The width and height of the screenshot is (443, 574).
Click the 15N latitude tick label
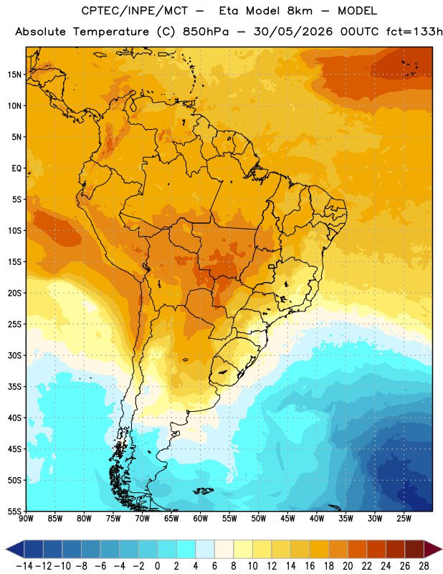click(14, 75)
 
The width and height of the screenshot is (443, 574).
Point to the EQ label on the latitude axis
click(16, 169)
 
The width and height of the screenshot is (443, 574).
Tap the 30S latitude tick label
click(14, 355)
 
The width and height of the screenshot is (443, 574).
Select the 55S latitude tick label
click(14, 511)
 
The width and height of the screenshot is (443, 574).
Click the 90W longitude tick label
click(26, 518)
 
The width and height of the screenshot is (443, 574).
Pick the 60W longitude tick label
click(201, 518)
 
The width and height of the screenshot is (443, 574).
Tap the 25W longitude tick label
click(404, 518)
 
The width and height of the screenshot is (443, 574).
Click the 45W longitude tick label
click(287, 518)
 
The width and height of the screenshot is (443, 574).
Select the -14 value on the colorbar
click(24, 566)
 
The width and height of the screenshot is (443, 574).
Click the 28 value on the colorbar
click(424, 566)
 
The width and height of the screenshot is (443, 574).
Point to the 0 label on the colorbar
click(157, 566)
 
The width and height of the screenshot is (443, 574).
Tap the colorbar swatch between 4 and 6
click(205, 550)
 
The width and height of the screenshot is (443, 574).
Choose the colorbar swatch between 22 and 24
click(376, 550)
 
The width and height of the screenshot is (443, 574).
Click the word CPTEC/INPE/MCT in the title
click(135, 11)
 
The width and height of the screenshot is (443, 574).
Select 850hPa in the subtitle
click(206, 32)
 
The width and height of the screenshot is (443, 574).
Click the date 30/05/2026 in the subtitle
click(293, 32)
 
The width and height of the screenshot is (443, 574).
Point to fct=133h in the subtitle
click(414, 32)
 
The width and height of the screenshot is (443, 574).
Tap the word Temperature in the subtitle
click(111, 32)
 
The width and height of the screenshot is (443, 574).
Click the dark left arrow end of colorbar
click(14, 550)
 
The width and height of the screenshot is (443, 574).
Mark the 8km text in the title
click(300, 11)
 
